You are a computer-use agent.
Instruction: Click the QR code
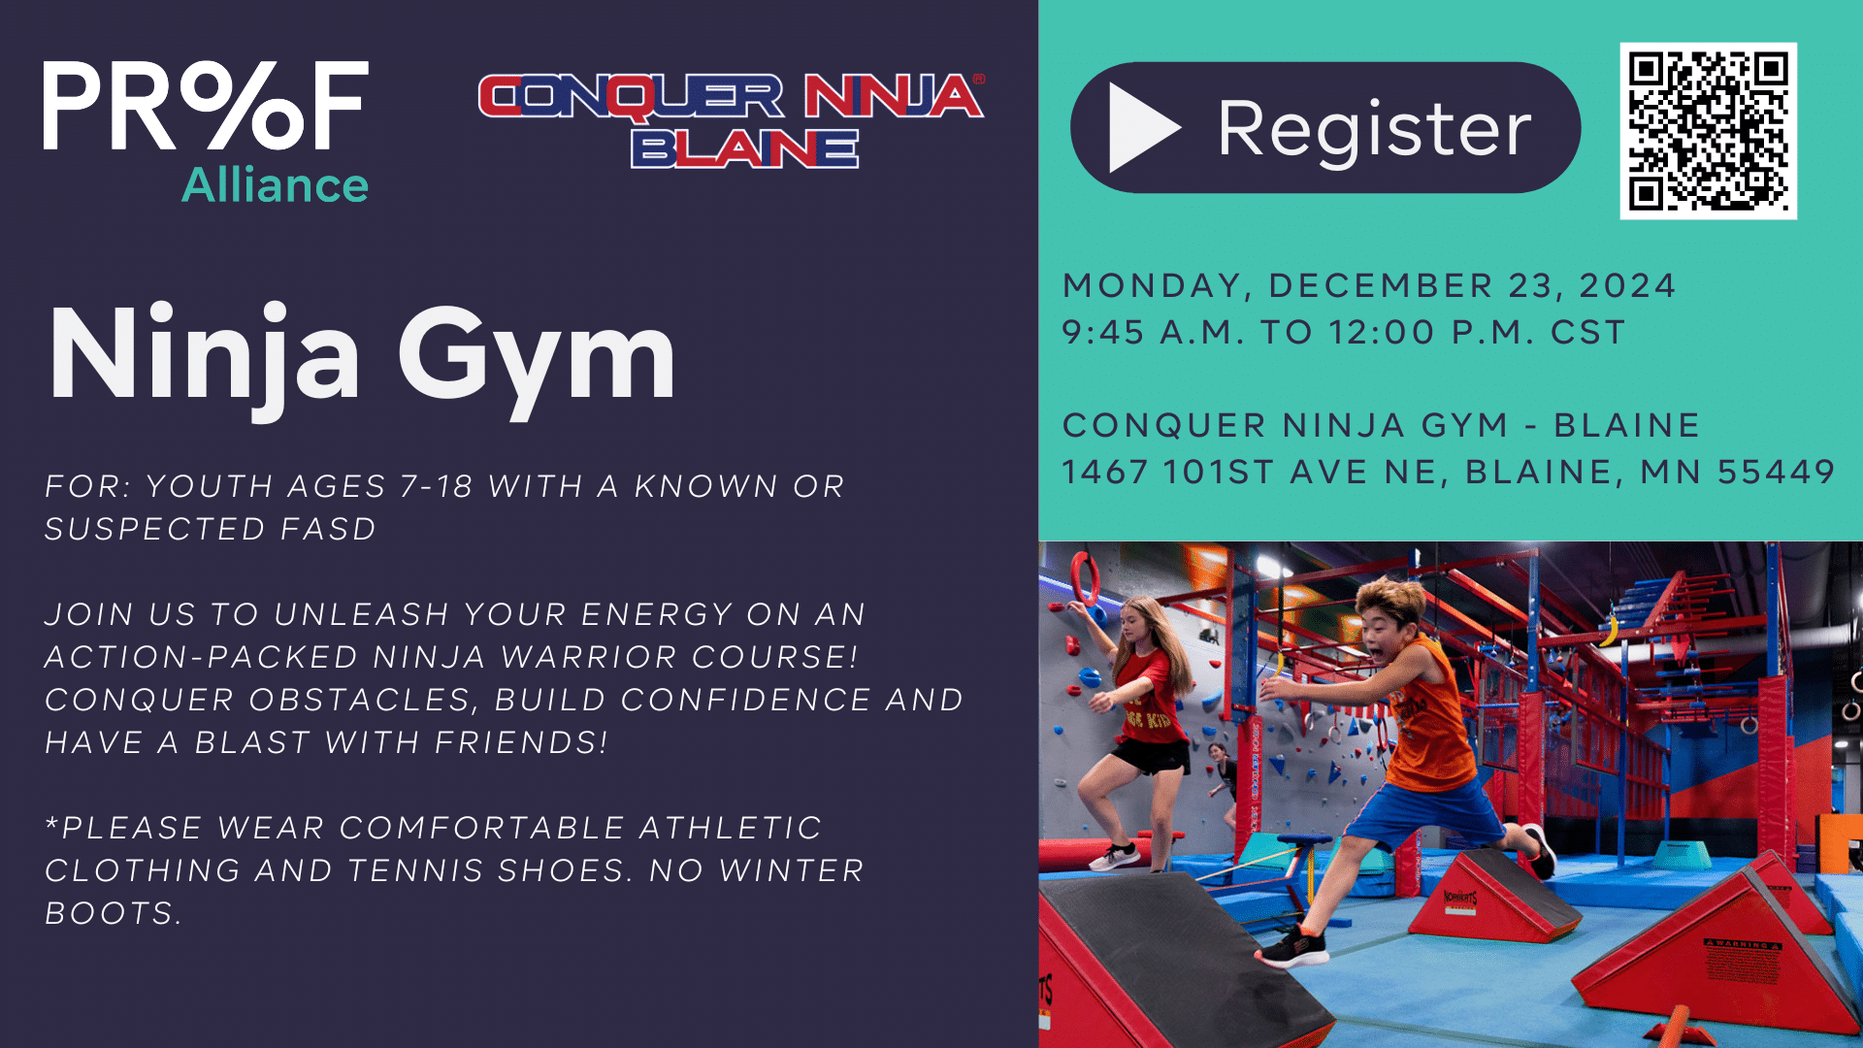click(1708, 130)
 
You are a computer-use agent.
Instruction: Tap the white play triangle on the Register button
click(1143, 127)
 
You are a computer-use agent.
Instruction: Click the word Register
click(1374, 129)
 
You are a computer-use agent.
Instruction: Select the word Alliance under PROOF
click(276, 184)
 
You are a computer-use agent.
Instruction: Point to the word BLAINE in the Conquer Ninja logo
click(744, 148)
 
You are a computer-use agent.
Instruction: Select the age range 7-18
click(437, 486)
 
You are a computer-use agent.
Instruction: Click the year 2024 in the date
click(1627, 286)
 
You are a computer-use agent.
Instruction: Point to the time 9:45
click(1103, 333)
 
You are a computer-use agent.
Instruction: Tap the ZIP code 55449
click(1776, 473)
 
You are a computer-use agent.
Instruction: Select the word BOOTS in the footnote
click(113, 913)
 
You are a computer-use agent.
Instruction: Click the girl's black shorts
click(1152, 755)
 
